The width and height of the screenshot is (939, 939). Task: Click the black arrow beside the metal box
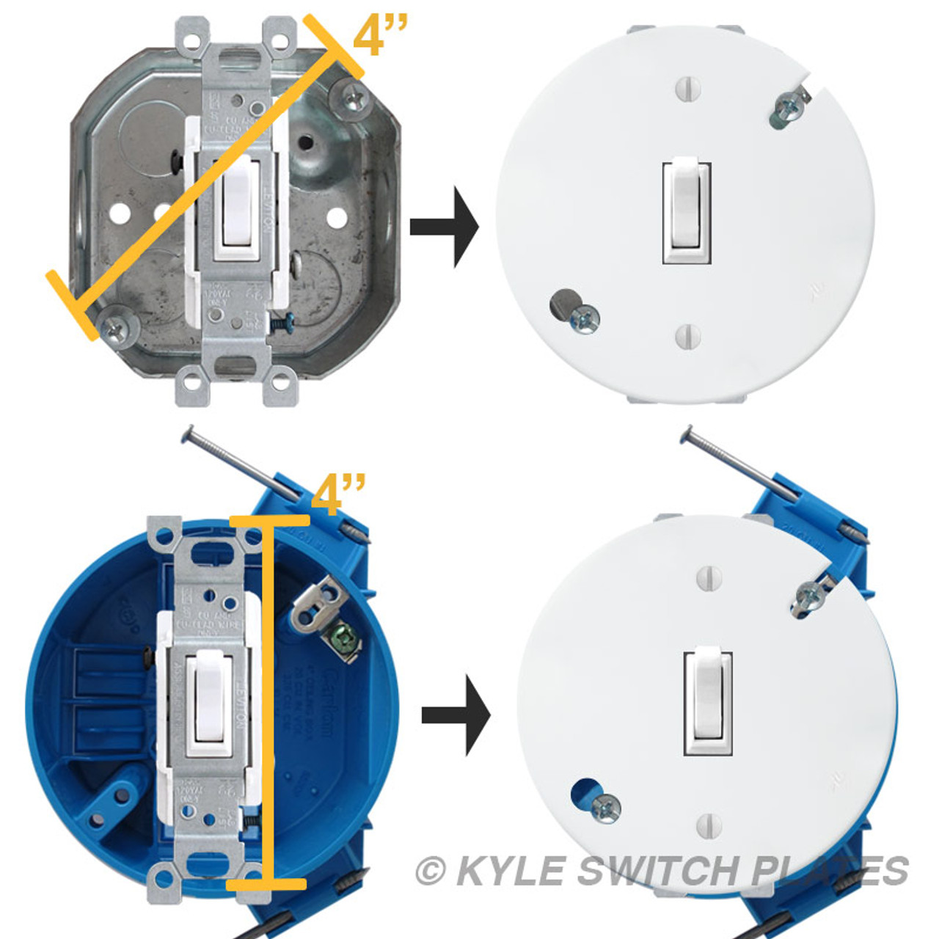445,227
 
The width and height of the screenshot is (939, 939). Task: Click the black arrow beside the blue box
456,715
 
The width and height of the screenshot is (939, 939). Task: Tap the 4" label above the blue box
337,495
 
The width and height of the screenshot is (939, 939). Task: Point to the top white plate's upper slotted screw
687,89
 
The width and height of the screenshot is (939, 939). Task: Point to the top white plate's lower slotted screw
687,335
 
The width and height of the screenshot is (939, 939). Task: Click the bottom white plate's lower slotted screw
709,825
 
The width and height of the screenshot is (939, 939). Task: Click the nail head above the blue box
188,434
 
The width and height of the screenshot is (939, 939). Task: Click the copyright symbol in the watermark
431,872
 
